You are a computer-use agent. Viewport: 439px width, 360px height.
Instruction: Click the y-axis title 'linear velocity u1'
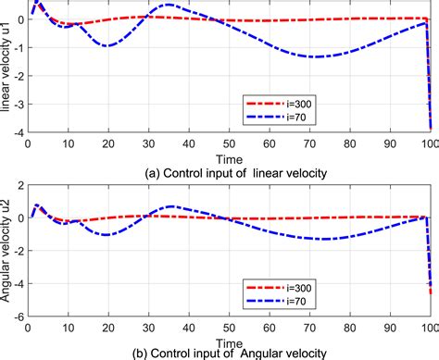[6, 69]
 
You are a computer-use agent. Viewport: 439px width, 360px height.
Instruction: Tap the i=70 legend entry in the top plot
[283, 117]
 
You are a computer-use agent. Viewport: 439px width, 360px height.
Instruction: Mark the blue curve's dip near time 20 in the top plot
[107, 45]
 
